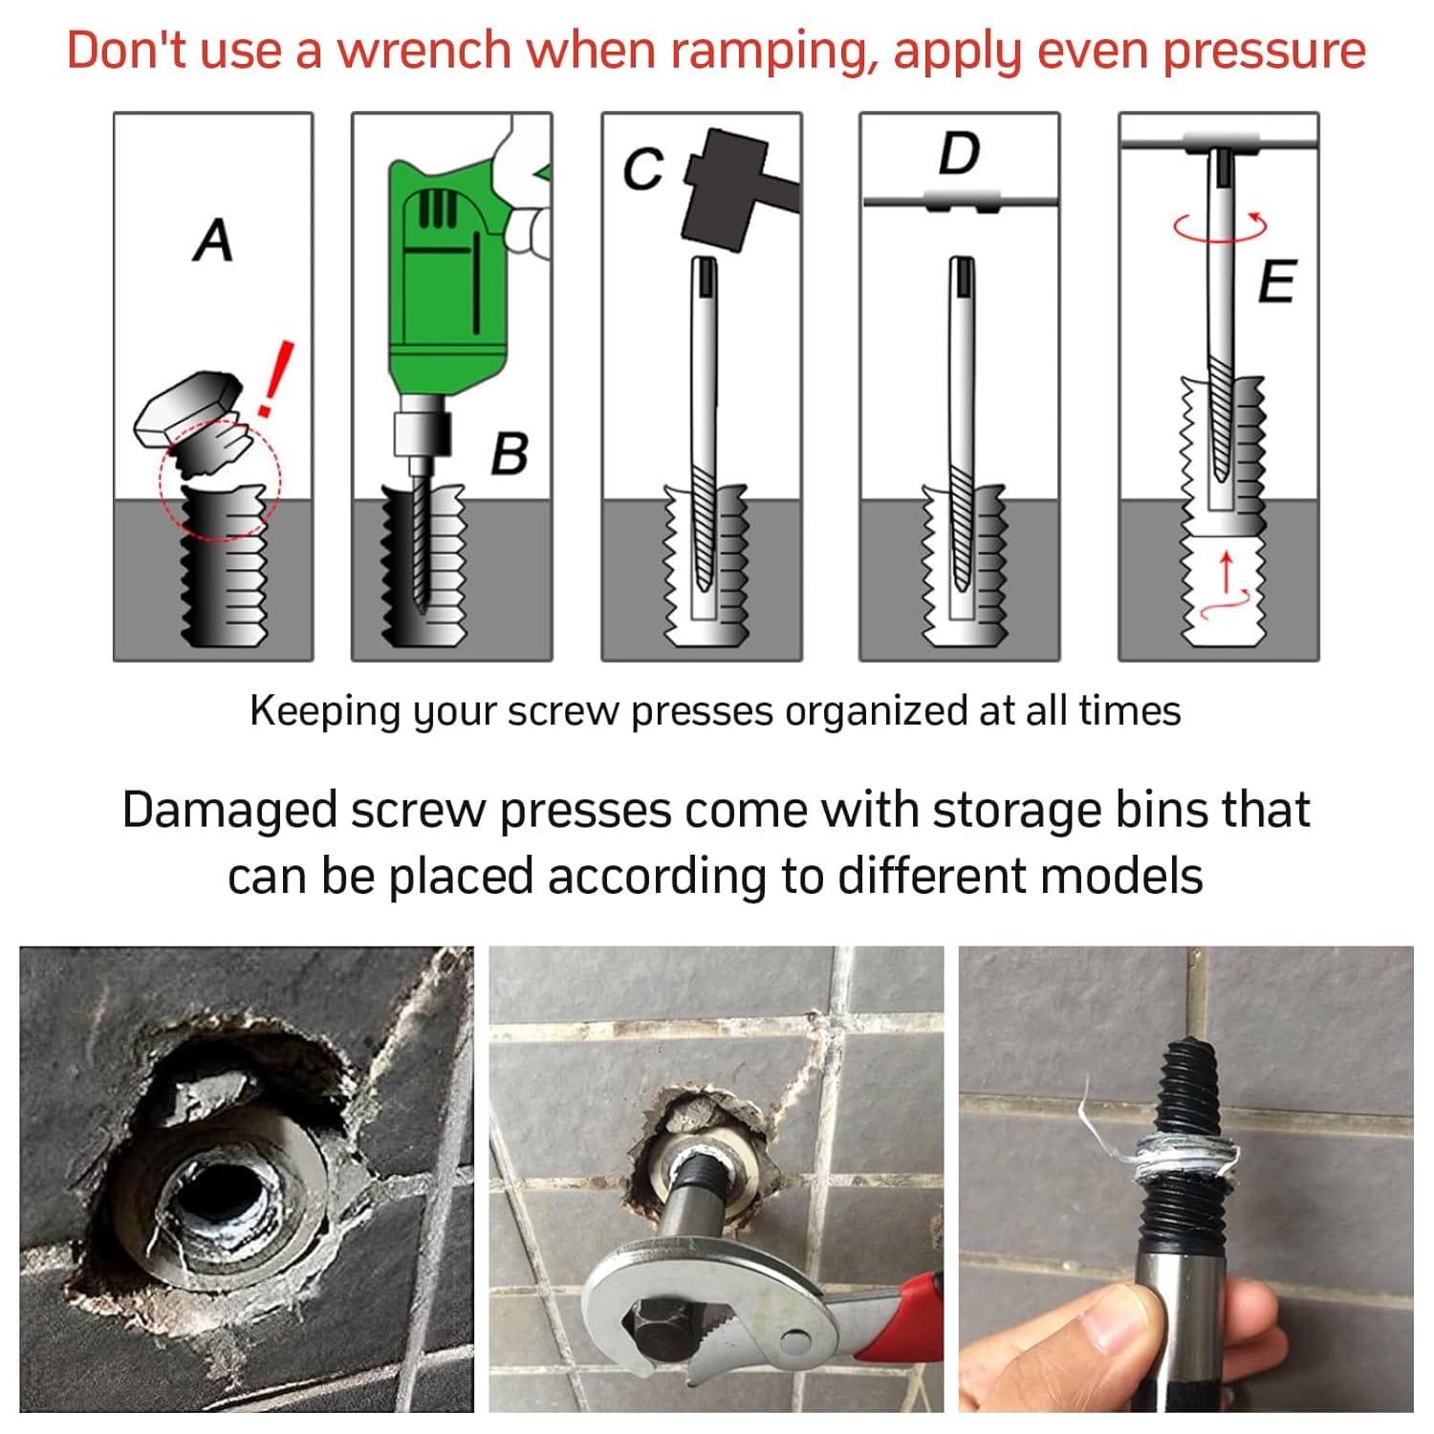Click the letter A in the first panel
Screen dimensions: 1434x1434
click(x=213, y=240)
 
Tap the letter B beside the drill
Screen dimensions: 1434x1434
click(x=510, y=453)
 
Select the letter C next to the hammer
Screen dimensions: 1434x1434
click(x=642, y=169)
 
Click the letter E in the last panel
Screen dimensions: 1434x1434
click(x=1276, y=281)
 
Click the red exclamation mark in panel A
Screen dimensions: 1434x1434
click(x=275, y=379)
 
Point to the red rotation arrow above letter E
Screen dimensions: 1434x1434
click(x=1221, y=228)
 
